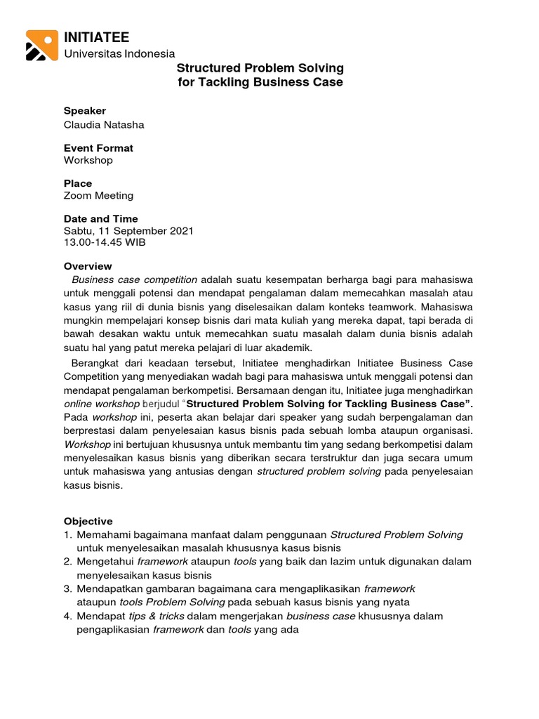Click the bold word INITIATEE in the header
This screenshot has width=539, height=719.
point(96,37)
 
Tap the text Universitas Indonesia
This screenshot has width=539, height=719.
point(119,54)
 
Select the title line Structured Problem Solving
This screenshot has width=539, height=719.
point(260,68)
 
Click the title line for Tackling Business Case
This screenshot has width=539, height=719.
point(260,82)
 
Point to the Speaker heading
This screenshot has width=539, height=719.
point(85,110)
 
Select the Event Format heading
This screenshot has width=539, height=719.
point(98,148)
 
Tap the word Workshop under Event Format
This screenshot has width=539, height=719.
point(88,160)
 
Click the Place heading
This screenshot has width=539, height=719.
point(78,183)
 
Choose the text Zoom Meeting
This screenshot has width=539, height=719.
point(98,195)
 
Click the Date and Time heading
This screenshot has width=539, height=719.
point(100,218)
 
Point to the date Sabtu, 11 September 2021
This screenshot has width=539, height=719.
point(128,230)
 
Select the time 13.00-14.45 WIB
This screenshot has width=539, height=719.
point(105,242)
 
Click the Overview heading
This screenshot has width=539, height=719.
point(88,266)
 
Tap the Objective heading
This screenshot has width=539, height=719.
point(88,521)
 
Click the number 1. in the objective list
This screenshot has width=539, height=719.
point(68,534)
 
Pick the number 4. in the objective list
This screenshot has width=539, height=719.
point(68,616)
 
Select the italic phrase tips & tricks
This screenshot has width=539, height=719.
point(153,616)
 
